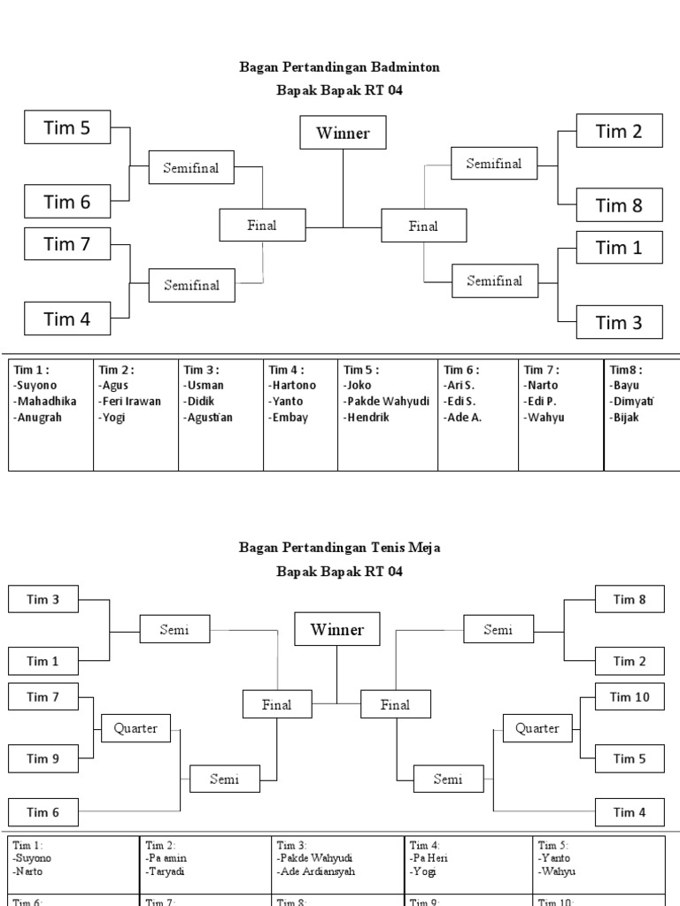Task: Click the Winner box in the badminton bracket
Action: pyautogui.click(x=343, y=134)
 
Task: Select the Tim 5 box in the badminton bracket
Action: pyautogui.click(x=67, y=127)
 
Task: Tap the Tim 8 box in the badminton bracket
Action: pyautogui.click(x=619, y=205)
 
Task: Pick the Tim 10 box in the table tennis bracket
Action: pyautogui.click(x=630, y=697)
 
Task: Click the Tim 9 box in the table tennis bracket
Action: pyautogui.click(x=42, y=758)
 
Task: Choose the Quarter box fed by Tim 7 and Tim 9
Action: pyautogui.click(x=135, y=728)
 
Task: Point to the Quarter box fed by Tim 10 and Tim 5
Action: pyautogui.click(x=537, y=728)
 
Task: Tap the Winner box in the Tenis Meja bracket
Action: pyautogui.click(x=336, y=630)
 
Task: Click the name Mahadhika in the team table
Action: pyautogui.click(x=45, y=401)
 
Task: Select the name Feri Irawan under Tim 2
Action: pyautogui.click(x=130, y=401)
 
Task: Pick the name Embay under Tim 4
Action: pyautogui.click(x=288, y=417)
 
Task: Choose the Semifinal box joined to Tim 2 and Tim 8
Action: pyautogui.click(x=494, y=164)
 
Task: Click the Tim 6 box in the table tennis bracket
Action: pyautogui.click(x=42, y=812)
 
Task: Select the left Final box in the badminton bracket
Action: pyautogui.click(x=262, y=226)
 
